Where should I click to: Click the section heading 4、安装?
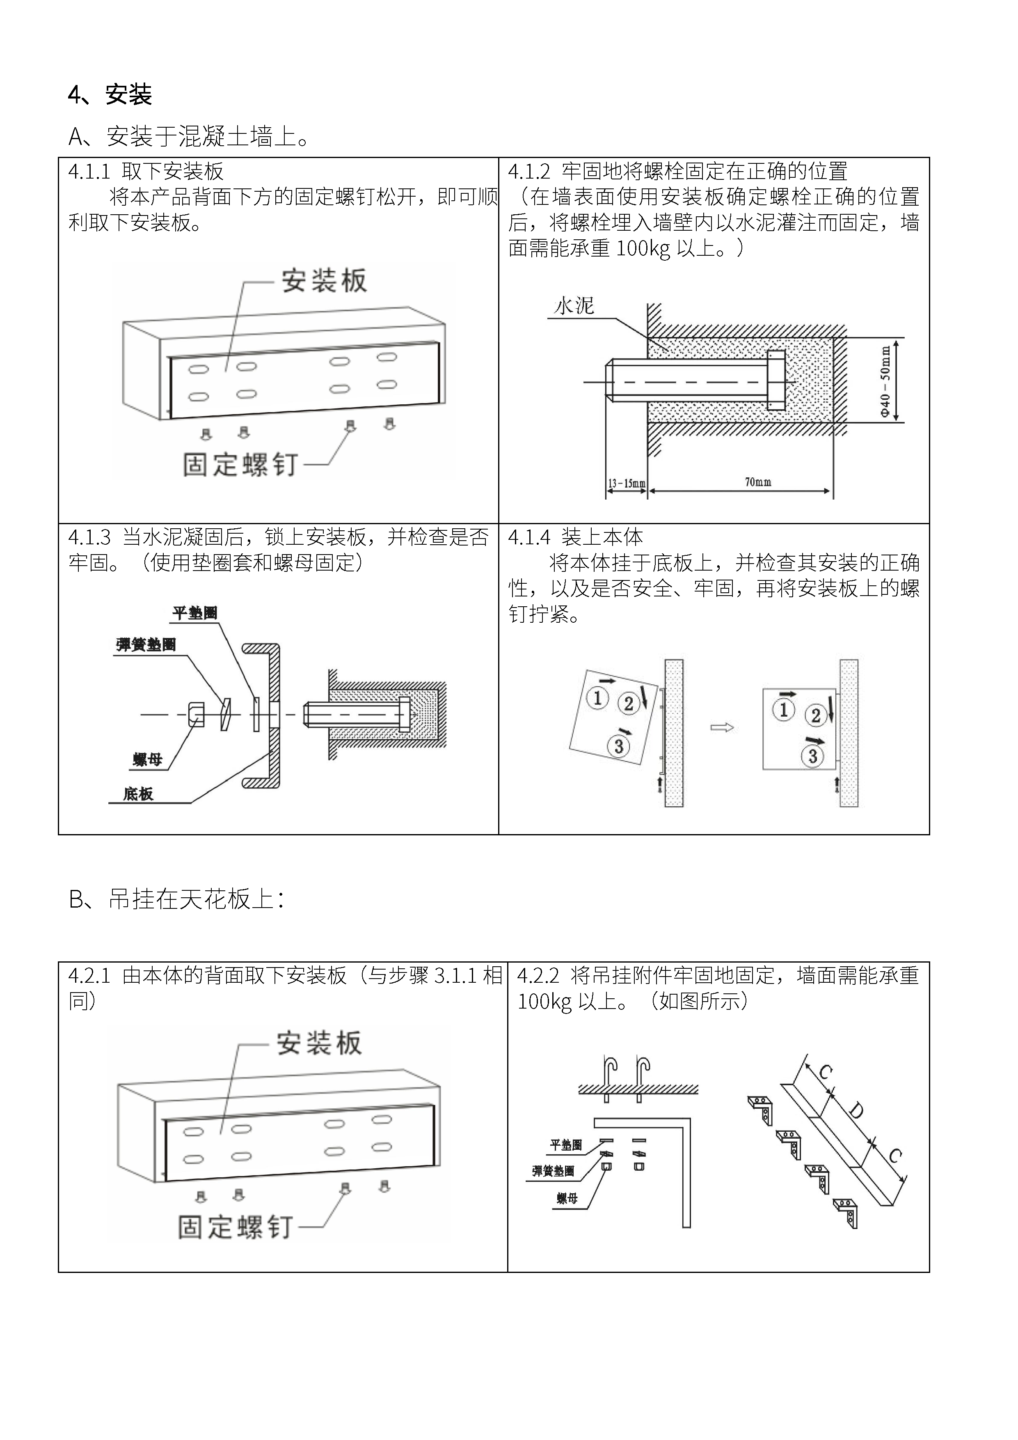click(x=110, y=95)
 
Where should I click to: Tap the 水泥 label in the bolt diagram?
click(x=574, y=306)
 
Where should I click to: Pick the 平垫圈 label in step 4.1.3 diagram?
click(x=195, y=613)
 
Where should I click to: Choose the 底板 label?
click(x=138, y=794)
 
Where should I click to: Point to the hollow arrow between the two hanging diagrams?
click(x=721, y=727)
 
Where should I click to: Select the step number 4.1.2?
click(x=528, y=171)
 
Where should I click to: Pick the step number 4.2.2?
click(x=537, y=975)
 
